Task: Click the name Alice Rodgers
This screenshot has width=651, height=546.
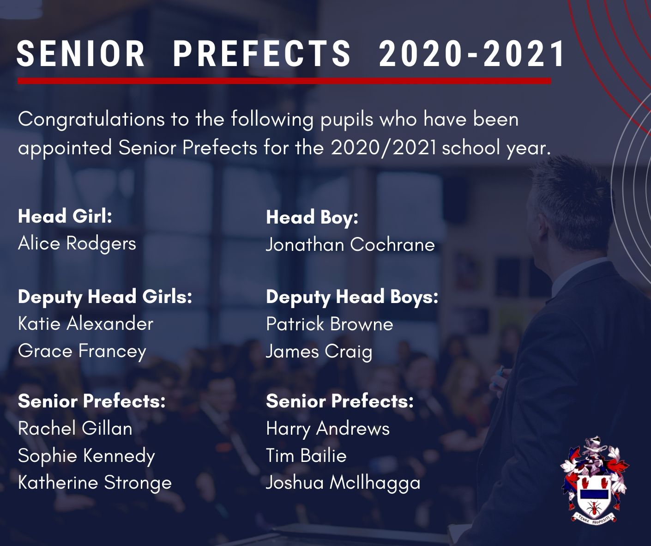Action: point(77,244)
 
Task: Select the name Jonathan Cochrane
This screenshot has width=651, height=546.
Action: point(350,244)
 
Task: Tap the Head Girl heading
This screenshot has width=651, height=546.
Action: point(65,216)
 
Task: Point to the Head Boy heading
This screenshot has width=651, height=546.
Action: point(312,218)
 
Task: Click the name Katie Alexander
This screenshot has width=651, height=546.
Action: point(86,323)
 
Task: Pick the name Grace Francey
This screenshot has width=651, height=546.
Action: point(82,352)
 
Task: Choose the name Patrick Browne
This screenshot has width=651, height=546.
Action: point(330,324)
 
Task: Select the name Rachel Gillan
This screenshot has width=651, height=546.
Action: point(75,428)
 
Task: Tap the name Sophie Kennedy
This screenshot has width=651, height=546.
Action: point(86,456)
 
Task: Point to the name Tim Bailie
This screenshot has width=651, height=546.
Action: point(306,455)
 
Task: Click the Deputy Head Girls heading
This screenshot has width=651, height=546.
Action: point(105,297)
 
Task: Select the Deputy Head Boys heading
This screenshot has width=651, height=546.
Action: point(352,297)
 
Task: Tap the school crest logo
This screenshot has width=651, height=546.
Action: point(594,479)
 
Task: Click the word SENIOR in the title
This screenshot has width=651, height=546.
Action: point(80,54)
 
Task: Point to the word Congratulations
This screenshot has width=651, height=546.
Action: point(91,120)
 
